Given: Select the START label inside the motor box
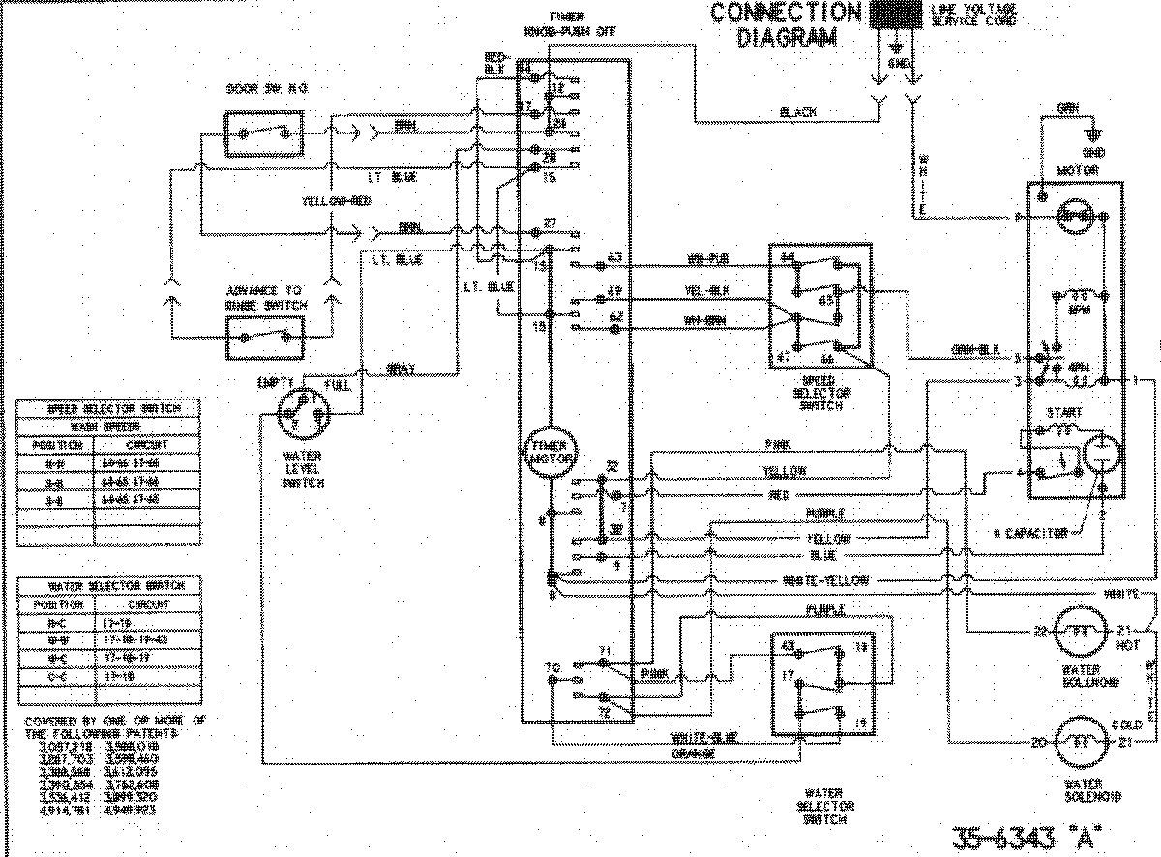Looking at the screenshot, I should click(x=1063, y=412).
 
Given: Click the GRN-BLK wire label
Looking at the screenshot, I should click(x=974, y=350).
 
